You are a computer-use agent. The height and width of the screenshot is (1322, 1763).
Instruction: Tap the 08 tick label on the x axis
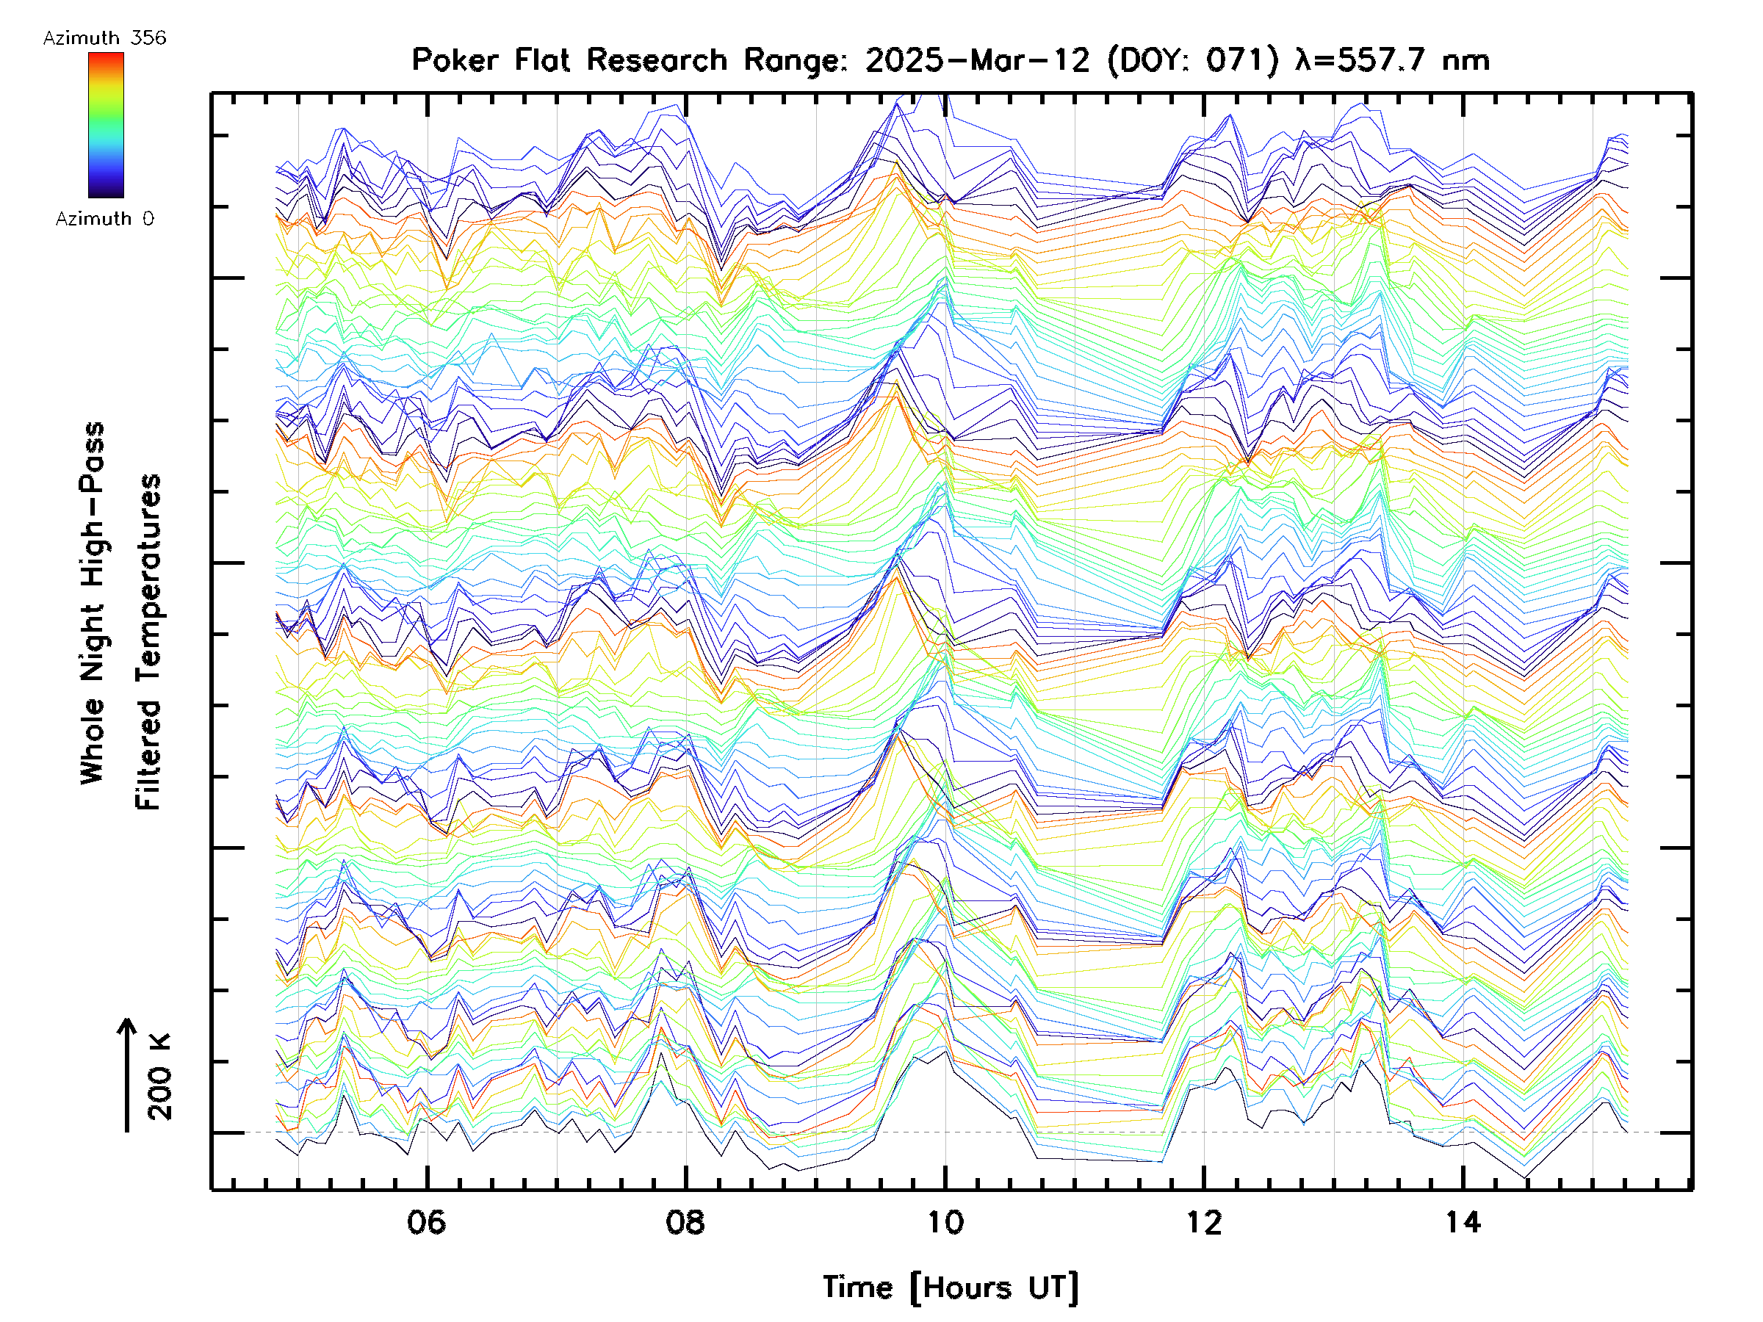(685, 1221)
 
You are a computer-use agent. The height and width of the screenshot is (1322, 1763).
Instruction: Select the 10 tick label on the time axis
(945, 1221)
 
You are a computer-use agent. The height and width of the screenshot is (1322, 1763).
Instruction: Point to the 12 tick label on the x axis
(1203, 1221)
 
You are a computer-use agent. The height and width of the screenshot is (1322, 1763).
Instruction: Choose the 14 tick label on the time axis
(1463, 1221)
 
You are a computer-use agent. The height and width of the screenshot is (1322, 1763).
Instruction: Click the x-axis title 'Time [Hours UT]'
(950, 1287)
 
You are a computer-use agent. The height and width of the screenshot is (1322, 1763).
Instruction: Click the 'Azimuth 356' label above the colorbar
(104, 38)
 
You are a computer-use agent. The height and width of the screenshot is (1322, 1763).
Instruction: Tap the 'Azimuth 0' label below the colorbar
(104, 218)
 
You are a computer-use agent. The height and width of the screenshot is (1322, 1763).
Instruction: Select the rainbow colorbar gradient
(106, 125)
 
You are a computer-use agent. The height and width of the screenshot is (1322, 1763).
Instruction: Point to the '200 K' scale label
(160, 1077)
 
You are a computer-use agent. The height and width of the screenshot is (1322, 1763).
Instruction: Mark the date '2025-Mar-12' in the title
(977, 60)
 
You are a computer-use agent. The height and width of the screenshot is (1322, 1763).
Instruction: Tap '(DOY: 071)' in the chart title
(1193, 60)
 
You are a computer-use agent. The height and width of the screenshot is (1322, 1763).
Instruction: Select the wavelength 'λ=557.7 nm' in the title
(1392, 60)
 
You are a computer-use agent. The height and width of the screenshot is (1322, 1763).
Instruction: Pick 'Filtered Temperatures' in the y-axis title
(148, 643)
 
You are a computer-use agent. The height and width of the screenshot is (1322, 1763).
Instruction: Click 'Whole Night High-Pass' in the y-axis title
(93, 603)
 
